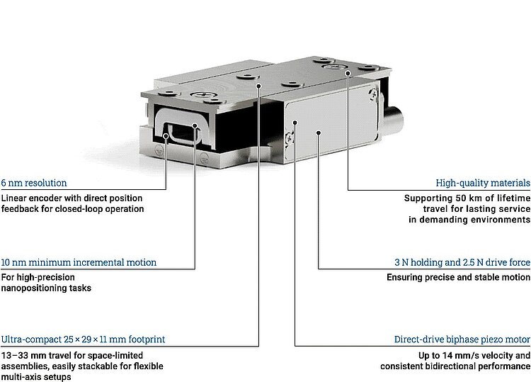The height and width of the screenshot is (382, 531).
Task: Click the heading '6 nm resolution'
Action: click(x=34, y=182)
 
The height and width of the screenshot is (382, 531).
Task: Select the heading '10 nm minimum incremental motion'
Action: click(x=79, y=262)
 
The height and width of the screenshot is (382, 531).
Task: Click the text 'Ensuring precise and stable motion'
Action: click(x=458, y=278)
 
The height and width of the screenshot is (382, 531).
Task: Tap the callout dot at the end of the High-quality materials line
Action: click(x=348, y=73)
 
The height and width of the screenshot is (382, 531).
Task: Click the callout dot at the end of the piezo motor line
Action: click(x=295, y=123)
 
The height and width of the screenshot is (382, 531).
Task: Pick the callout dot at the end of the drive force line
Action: click(x=319, y=131)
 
